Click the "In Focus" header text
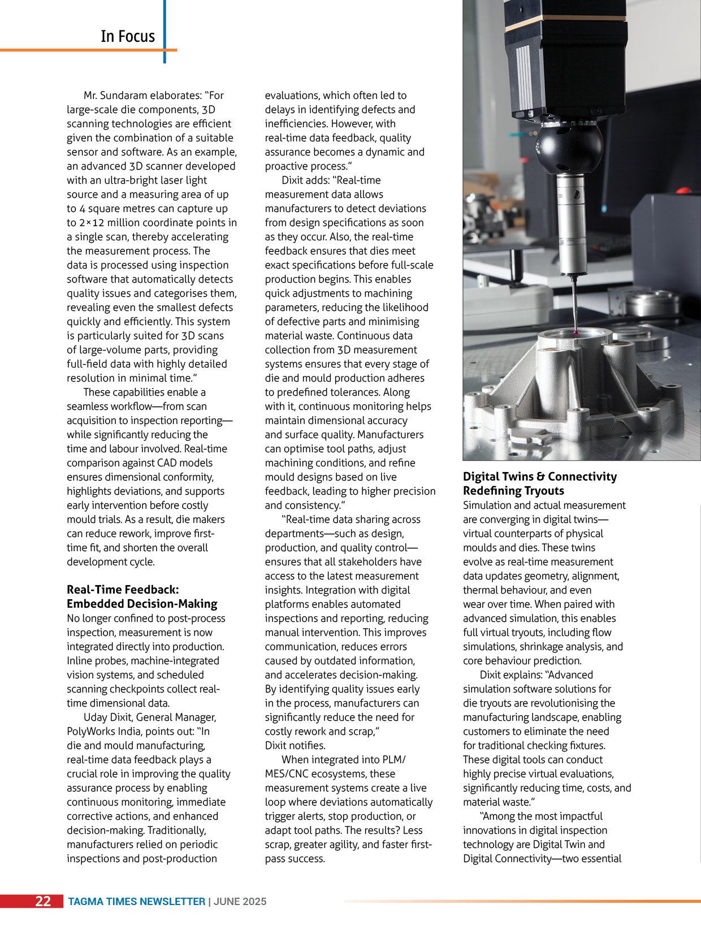point(127,36)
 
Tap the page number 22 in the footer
point(43,901)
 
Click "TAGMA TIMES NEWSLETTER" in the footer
point(136,902)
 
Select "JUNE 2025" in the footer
point(240,902)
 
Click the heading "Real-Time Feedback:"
point(123,590)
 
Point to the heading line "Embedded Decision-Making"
point(142,604)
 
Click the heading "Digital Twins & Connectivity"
point(540,477)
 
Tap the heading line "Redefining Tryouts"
point(513,491)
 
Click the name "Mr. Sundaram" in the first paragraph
point(115,96)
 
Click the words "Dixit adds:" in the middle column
point(306,180)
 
